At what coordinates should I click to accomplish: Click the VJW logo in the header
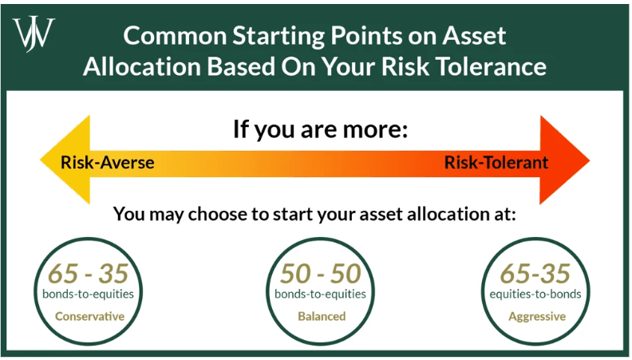[34, 34]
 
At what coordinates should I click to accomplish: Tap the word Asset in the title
[474, 35]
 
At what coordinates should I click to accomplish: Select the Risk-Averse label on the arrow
[107, 163]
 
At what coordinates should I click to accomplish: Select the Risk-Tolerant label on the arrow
[496, 163]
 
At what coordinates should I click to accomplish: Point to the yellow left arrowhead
[65, 160]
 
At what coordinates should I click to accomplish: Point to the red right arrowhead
[565, 160]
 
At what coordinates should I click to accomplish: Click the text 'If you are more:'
[321, 129]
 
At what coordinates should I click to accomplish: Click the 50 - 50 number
[321, 274]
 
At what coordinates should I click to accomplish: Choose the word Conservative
[89, 316]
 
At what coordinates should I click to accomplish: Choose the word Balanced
[322, 316]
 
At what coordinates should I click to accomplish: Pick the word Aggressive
[537, 316]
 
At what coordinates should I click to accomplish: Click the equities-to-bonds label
[535, 294]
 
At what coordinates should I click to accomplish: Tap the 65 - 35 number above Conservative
[89, 274]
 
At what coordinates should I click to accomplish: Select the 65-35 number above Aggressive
[535, 274]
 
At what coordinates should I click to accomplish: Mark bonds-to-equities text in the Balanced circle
[320, 294]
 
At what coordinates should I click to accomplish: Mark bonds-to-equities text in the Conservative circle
[88, 294]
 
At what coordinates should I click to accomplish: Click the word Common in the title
[175, 35]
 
